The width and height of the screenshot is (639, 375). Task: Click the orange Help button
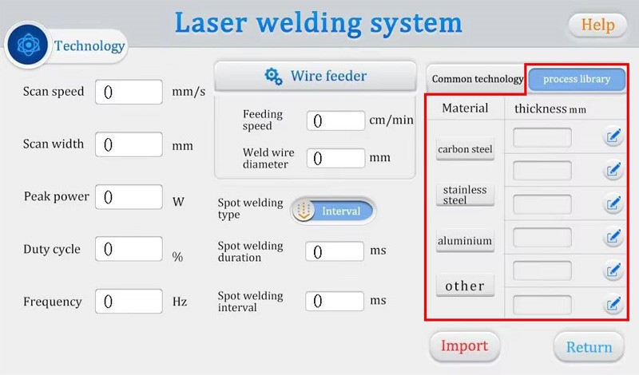(x=597, y=25)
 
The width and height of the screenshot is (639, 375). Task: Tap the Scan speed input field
(x=129, y=92)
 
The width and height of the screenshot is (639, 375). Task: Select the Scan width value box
(x=129, y=144)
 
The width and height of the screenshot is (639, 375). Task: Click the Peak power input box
(x=129, y=197)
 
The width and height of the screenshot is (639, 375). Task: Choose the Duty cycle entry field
(x=129, y=250)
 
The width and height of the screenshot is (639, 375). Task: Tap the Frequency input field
(x=129, y=302)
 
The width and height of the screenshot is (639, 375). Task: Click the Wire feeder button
(x=316, y=77)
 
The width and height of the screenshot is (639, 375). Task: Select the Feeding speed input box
(x=335, y=120)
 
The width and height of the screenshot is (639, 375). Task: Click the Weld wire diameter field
(x=335, y=158)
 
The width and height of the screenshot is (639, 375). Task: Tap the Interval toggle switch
(x=333, y=211)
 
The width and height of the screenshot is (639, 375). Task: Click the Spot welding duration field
(x=335, y=251)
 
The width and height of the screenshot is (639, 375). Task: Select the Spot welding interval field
(x=335, y=302)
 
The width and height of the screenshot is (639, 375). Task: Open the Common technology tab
(x=477, y=80)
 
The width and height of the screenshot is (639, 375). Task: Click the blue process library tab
(x=576, y=80)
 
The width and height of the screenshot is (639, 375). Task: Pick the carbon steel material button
(x=465, y=149)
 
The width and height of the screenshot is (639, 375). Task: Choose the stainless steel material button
(x=465, y=195)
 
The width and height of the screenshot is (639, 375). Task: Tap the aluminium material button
(x=465, y=240)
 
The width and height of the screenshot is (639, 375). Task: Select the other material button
(x=465, y=286)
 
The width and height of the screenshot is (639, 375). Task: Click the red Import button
(x=464, y=346)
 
